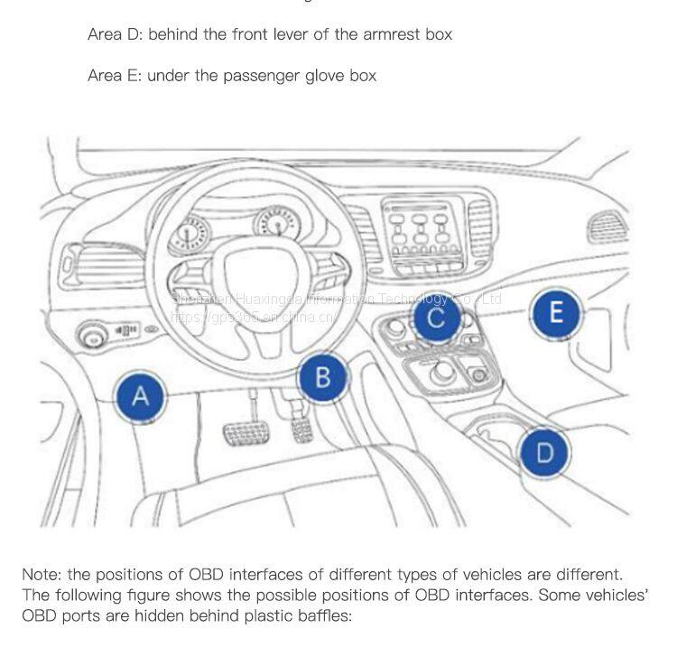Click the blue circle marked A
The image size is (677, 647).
140,395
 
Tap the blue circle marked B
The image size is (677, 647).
323,376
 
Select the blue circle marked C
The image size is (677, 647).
436,318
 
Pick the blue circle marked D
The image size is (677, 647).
545,451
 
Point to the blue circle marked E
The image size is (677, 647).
556,312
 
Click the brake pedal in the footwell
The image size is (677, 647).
246,434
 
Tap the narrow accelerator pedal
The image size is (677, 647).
302,424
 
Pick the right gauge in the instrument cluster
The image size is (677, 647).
275,223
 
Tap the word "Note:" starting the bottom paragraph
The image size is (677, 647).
42,575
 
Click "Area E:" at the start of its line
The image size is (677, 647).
115,76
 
